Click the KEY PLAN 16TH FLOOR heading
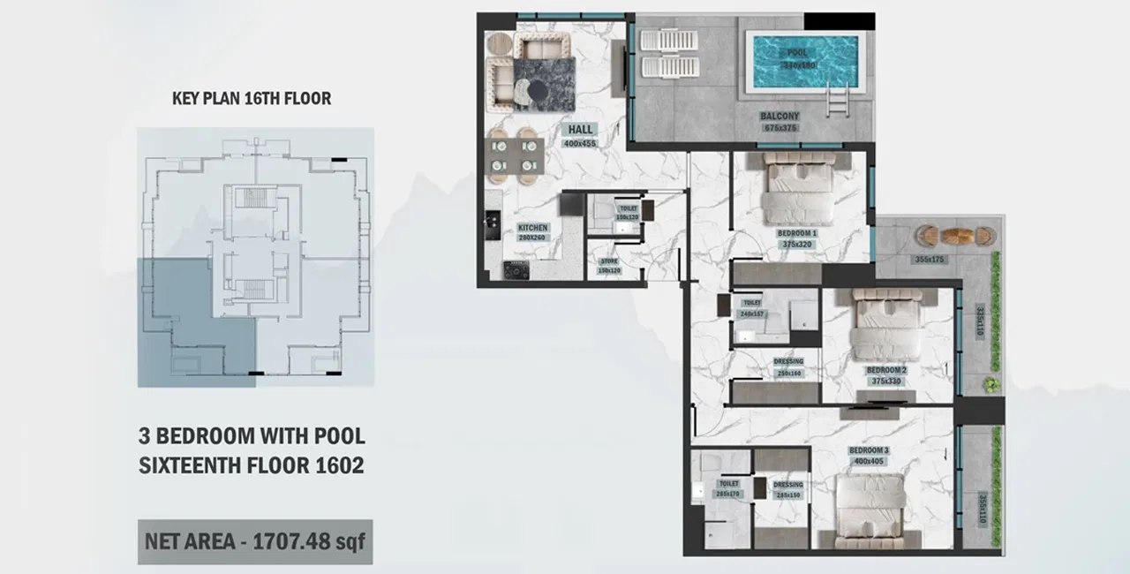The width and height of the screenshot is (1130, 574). coord(252,98)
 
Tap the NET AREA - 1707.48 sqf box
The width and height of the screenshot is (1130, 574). coord(255,541)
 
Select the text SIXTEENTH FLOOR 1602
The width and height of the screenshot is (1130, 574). coord(252,465)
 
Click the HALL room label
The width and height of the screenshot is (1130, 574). coord(580,134)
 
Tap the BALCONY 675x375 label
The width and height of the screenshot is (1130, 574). coord(780,121)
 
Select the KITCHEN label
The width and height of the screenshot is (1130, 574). coord(533,232)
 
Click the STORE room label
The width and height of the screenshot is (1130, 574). coord(609,265)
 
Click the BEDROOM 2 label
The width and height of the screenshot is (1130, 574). coord(885,375)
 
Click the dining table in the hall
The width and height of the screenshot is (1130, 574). coord(514,155)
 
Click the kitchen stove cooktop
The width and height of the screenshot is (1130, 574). coord(515,269)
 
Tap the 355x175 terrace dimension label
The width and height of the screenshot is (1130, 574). coord(930,260)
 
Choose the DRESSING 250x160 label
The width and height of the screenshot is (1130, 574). coord(788,367)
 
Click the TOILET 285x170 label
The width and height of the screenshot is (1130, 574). coord(728,489)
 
